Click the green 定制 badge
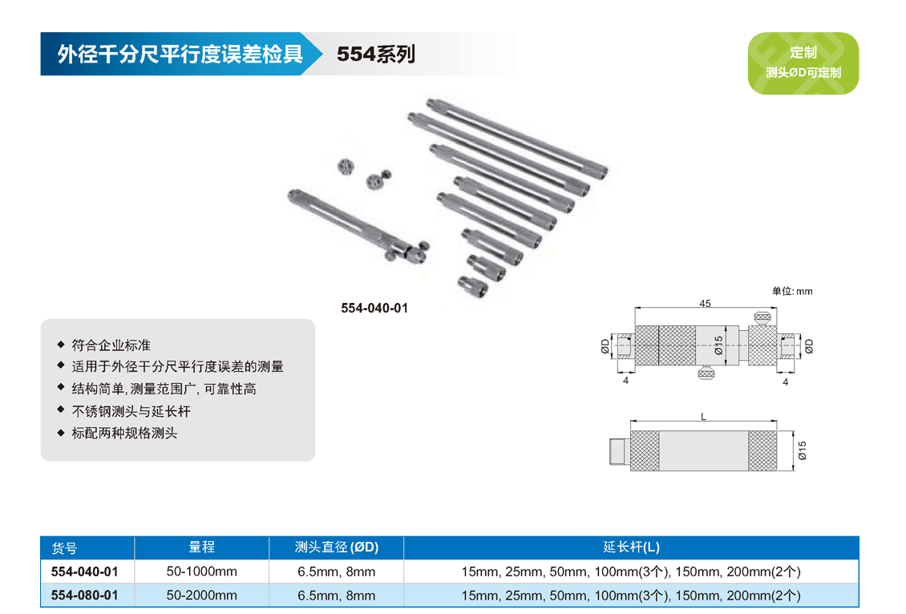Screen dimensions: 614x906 803,63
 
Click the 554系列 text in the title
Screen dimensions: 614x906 375,55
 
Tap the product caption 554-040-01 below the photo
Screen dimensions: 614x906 374,308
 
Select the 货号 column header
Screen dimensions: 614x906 64,548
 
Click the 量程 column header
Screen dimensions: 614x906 201,547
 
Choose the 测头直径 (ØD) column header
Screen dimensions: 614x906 336,547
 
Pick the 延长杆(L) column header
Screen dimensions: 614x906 631,547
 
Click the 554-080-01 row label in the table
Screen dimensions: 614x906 84,595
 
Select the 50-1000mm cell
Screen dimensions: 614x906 202,572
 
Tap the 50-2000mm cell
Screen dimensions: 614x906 202,595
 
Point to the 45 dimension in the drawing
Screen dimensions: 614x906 705,304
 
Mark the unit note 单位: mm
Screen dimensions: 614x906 791,291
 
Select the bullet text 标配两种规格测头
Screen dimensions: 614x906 124,433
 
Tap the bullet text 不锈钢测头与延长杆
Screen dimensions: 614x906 131,411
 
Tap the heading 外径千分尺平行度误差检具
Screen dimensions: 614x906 180,55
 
